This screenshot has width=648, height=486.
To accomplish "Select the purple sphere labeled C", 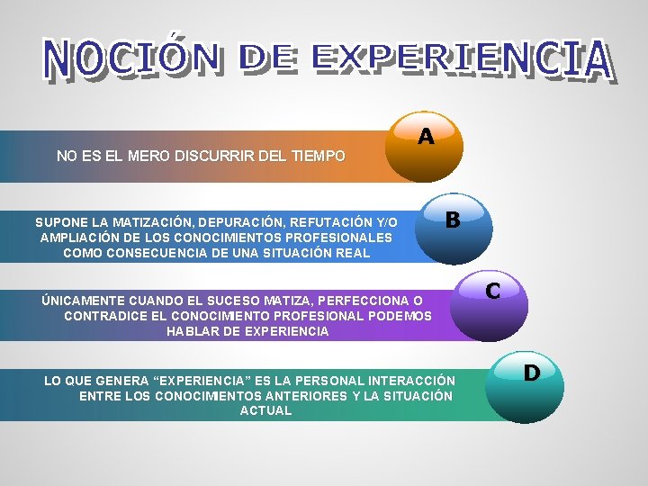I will [489, 301].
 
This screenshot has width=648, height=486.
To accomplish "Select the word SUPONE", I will [60, 221].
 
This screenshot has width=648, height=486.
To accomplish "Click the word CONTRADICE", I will [106, 316].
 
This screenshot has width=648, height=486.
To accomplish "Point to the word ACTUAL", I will [265, 411].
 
